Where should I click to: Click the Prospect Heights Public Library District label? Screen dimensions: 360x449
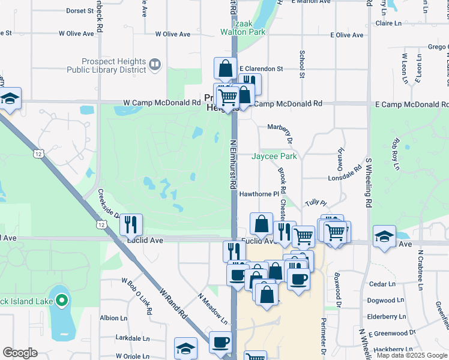point(115,66)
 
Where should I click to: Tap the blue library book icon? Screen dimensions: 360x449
point(155,63)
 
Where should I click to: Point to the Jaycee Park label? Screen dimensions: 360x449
point(274,156)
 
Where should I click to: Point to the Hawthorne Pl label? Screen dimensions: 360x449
point(259,194)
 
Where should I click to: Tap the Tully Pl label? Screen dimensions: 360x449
point(315,203)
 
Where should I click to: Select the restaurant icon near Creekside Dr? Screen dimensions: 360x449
point(131,224)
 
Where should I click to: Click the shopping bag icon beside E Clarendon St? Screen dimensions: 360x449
point(225,68)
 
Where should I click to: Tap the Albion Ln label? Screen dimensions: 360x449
point(113,318)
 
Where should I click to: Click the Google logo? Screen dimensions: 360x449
point(20,353)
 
